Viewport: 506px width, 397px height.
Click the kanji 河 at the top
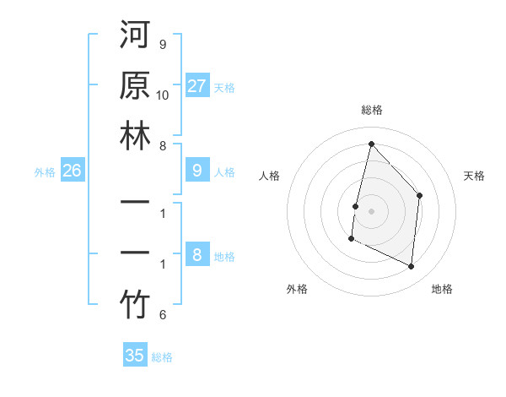[x=135, y=36]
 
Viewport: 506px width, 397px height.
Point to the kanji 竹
[x=135, y=306]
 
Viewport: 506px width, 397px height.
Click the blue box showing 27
[x=197, y=86]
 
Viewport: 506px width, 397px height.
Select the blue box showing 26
[x=72, y=171]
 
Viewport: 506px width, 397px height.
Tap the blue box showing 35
[x=135, y=356]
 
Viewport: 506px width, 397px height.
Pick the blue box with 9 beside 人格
[x=197, y=171]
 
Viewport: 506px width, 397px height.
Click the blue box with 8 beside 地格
[x=197, y=256]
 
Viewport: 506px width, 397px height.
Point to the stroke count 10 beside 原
[x=163, y=94]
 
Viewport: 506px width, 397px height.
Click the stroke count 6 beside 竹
[x=163, y=315]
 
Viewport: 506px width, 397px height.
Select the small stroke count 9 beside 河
[x=163, y=44]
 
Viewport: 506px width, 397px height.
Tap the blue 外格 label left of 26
[x=45, y=172]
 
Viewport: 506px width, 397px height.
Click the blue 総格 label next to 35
[x=162, y=356]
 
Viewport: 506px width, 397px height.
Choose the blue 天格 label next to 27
[x=224, y=87]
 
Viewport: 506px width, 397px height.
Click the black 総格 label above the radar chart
[x=371, y=111]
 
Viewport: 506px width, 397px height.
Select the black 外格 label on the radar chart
[x=297, y=289]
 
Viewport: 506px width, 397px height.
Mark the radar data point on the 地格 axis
[x=412, y=267]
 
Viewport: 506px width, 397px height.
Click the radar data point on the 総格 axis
[x=371, y=144]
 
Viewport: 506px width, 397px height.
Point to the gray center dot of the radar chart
[x=371, y=210]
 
